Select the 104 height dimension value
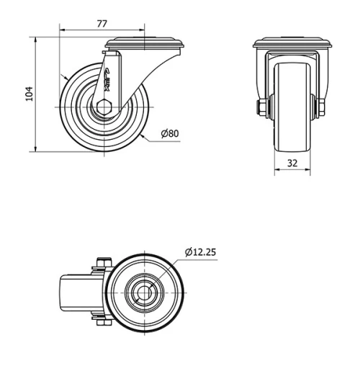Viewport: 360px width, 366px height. [29, 94]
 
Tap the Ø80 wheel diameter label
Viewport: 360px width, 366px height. [170, 134]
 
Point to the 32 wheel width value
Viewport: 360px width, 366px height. [292, 163]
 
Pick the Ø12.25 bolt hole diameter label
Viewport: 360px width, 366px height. [201, 252]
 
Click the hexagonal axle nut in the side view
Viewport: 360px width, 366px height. [104, 108]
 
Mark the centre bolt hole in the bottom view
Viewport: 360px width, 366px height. [146, 294]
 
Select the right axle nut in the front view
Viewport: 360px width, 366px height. [320, 109]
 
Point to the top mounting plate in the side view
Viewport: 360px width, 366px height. [144, 45]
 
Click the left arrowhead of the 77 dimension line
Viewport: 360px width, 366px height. [61, 31]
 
